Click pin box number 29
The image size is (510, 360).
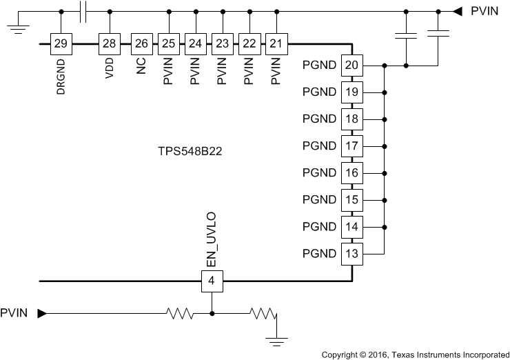tap(61, 43)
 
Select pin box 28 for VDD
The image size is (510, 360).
tap(109, 43)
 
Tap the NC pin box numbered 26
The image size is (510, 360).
tap(141, 43)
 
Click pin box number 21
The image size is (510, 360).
tap(276, 43)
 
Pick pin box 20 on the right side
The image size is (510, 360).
tap(351, 66)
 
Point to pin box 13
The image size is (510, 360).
tap(351, 253)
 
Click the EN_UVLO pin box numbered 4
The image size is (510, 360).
tap(212, 281)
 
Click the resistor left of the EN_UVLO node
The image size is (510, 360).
tap(178, 314)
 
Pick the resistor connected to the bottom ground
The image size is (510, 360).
tap(263, 314)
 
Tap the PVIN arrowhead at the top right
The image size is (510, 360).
tap(456, 11)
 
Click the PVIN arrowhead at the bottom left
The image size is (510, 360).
tap(41, 314)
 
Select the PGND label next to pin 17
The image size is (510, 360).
tap(319, 146)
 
